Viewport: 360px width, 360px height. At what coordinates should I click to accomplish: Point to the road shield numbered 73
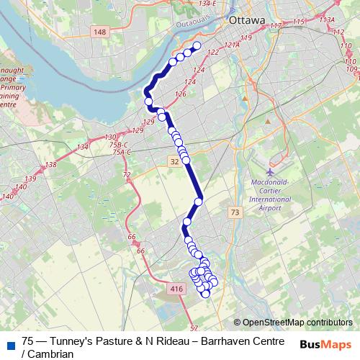235,212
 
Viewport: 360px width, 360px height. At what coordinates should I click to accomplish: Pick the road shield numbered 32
174,163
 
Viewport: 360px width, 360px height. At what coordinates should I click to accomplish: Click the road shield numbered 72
127,175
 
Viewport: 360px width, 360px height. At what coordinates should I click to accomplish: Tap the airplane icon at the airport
270,172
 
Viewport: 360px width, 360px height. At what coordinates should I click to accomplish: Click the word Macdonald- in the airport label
269,183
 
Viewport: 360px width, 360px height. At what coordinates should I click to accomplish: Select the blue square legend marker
9,343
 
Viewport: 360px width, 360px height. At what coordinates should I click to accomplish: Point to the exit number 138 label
50,166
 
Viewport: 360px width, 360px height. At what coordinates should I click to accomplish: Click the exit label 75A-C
122,152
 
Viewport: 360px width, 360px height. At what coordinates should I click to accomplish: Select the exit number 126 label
180,94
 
